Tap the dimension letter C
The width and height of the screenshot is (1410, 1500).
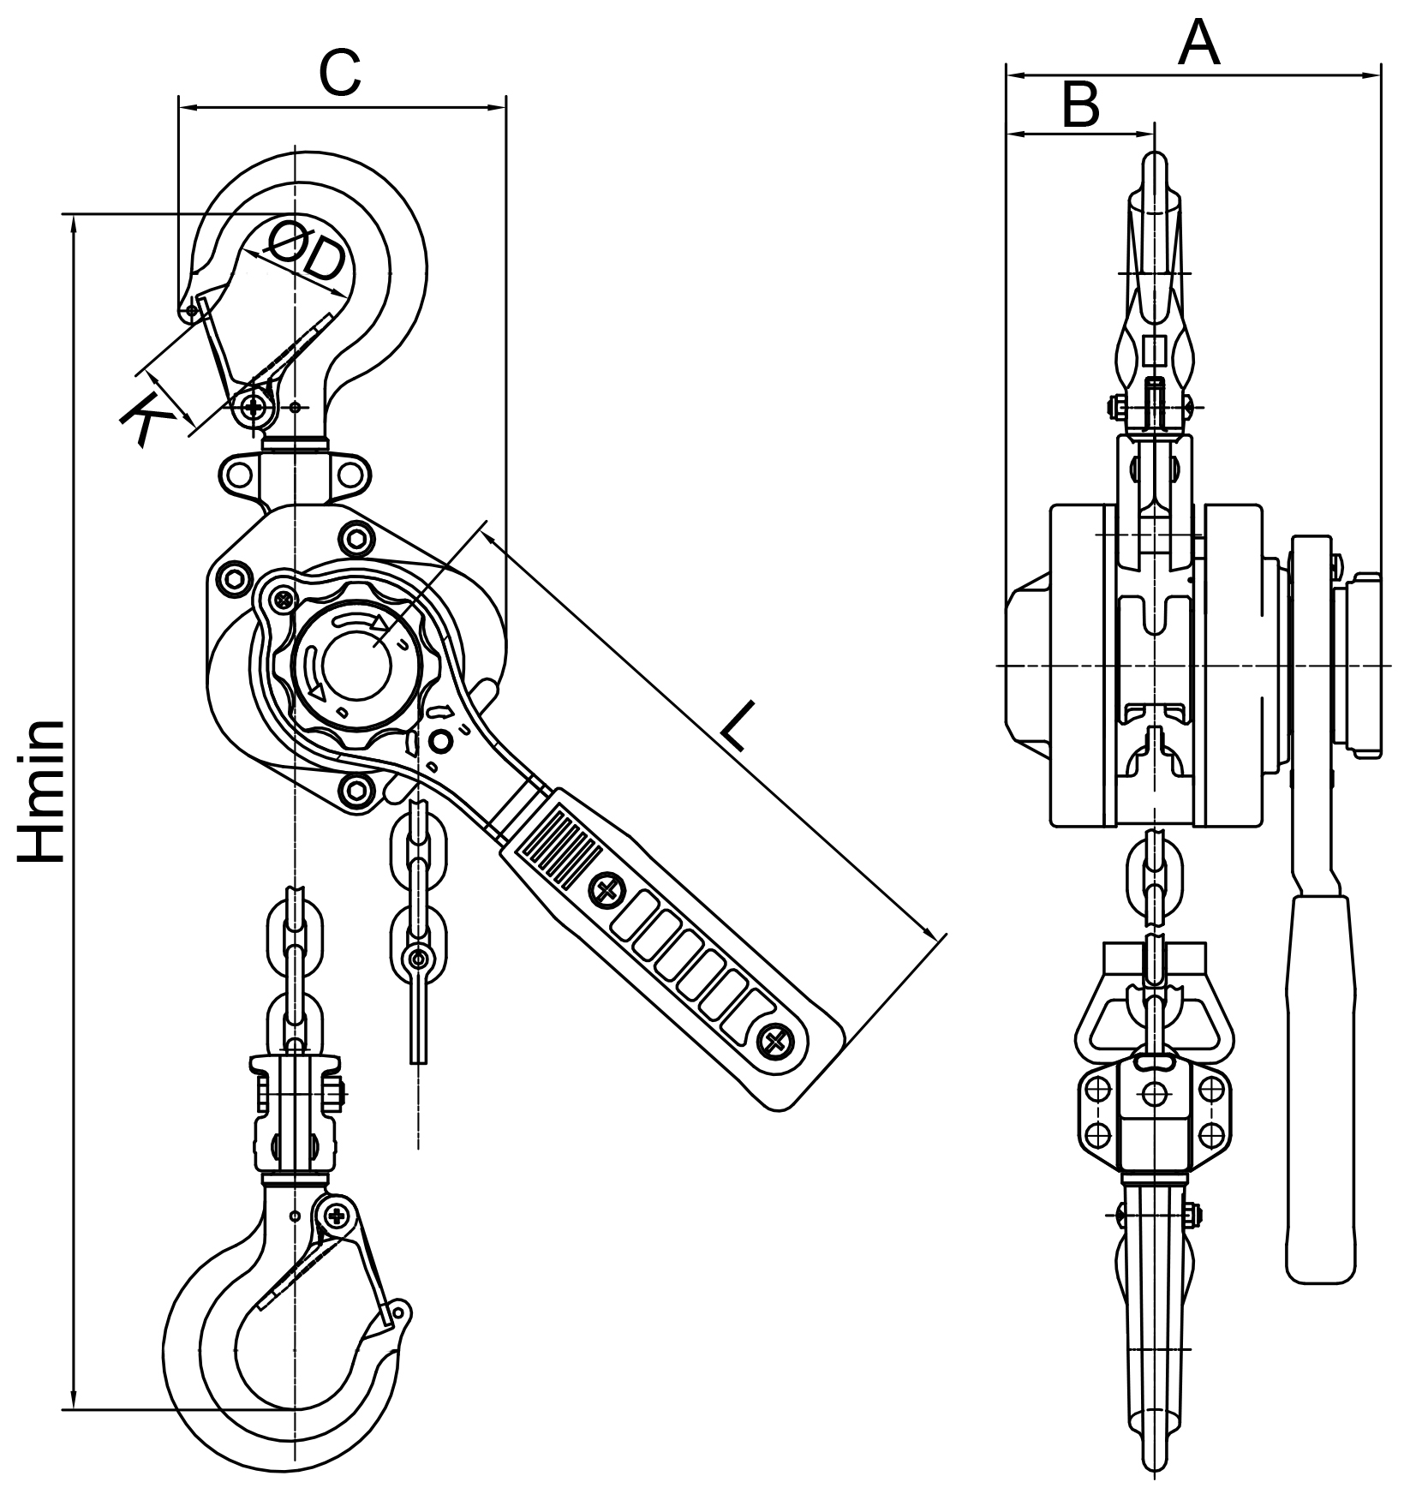(x=340, y=74)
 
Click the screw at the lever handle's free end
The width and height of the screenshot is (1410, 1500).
(x=776, y=1041)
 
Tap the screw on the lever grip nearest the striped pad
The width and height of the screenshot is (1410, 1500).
(x=606, y=890)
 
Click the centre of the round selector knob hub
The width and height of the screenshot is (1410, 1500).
(x=354, y=660)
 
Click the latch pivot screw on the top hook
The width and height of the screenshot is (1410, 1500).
(x=254, y=408)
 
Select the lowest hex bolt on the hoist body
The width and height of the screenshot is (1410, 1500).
(x=356, y=787)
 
